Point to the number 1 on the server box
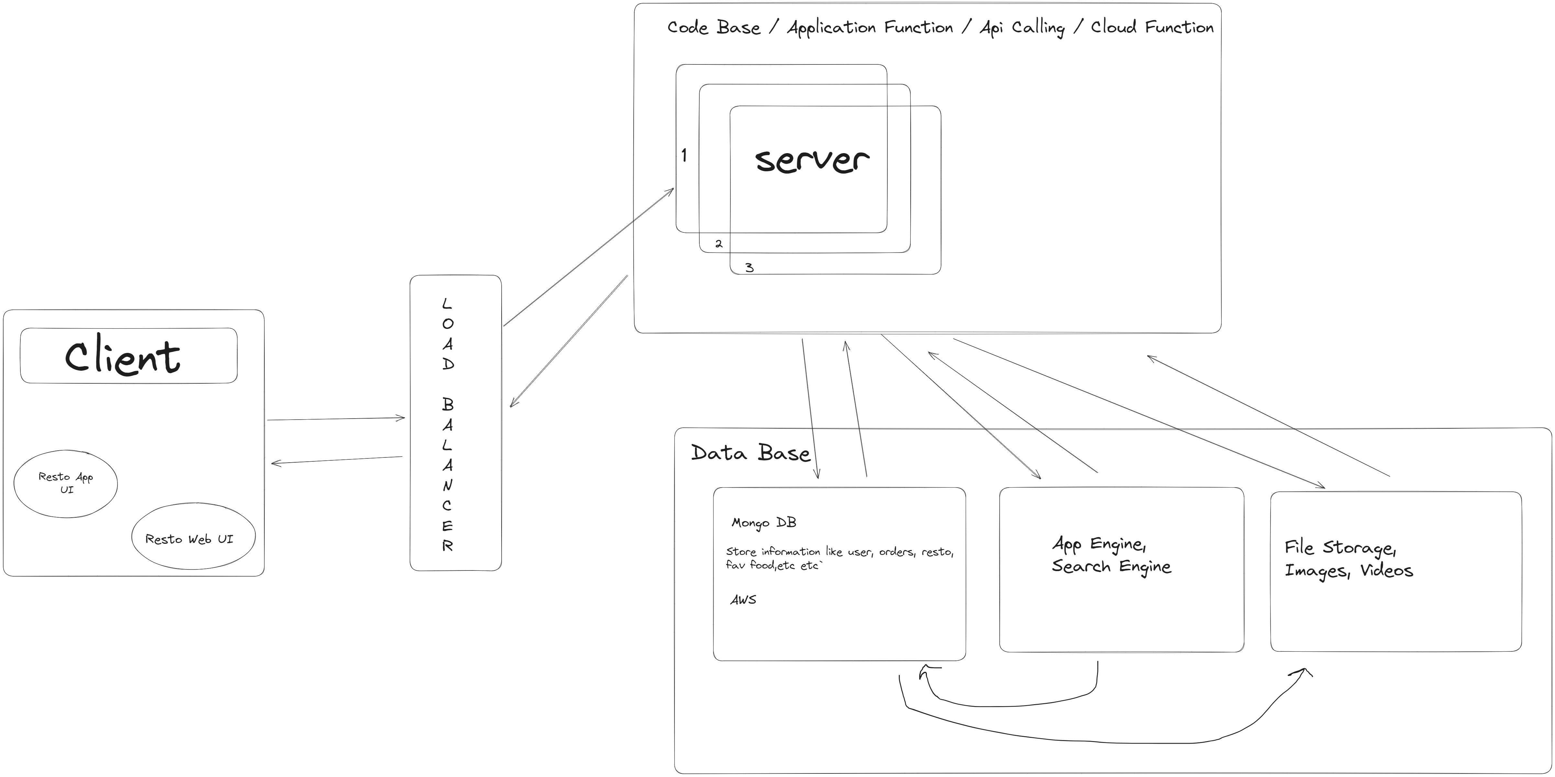click(x=684, y=156)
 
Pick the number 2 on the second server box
click(x=718, y=244)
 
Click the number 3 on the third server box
click(x=749, y=267)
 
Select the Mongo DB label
click(x=764, y=523)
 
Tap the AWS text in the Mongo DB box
click(x=743, y=600)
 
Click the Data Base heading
click(x=750, y=453)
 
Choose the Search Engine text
click(x=1111, y=566)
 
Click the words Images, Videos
click(x=1349, y=570)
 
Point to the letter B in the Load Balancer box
click(x=447, y=404)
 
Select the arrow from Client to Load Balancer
click(x=336, y=418)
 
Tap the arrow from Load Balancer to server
click(x=589, y=257)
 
